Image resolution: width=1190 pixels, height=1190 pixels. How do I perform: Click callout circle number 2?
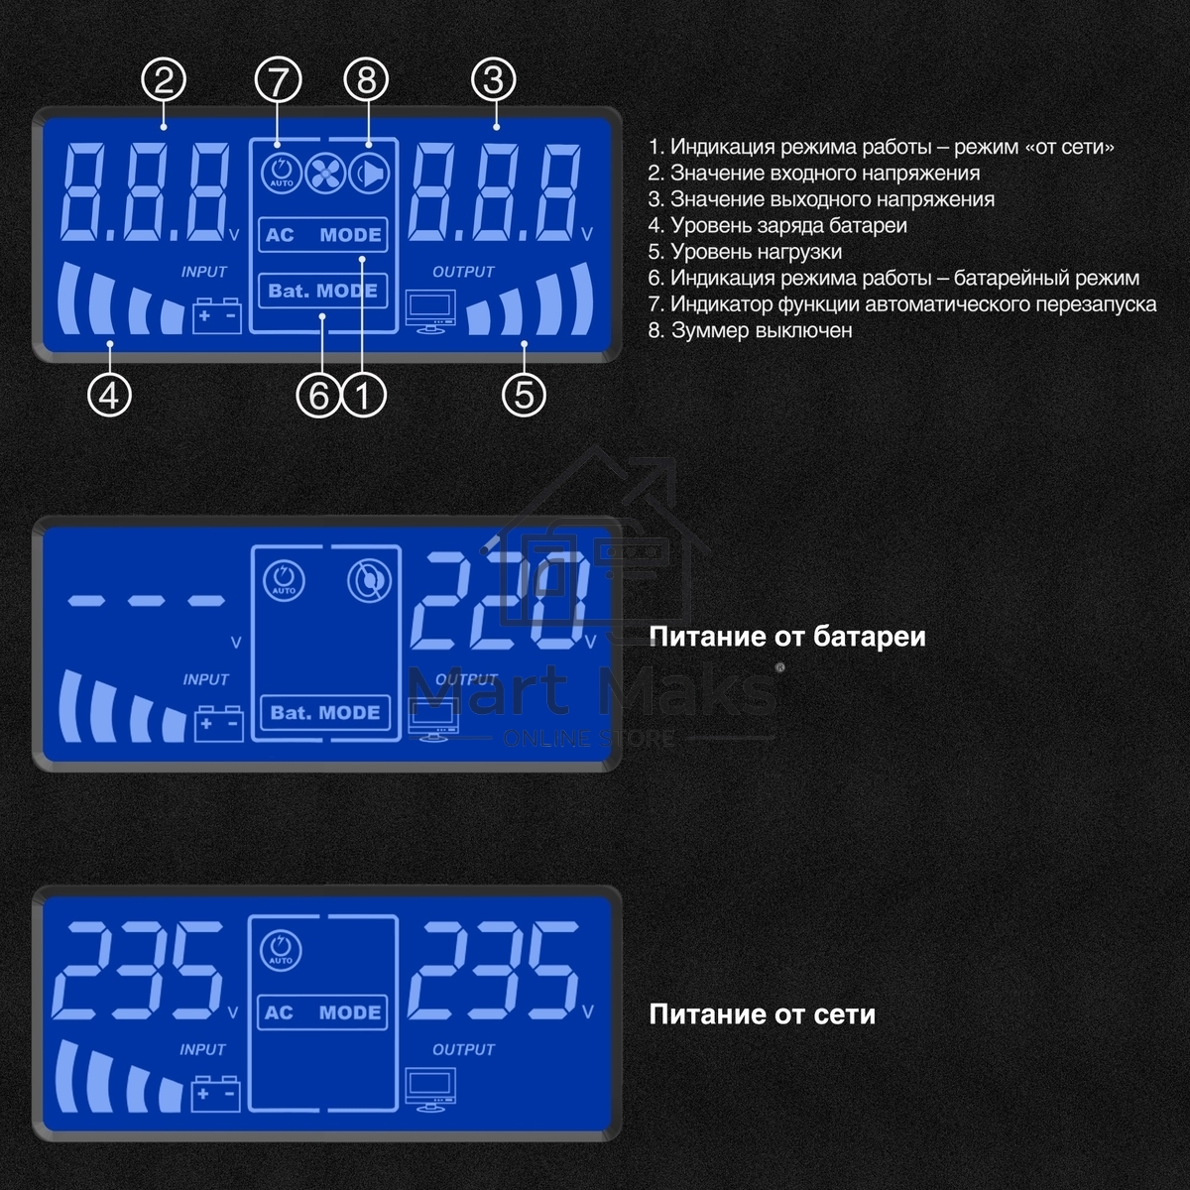click(x=165, y=79)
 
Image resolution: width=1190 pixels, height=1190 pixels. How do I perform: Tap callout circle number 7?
click(x=278, y=79)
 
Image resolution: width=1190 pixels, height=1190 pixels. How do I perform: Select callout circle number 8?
click(x=367, y=79)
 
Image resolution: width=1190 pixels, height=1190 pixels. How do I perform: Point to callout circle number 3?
click(x=494, y=79)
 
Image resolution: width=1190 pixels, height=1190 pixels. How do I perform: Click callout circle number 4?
click(x=109, y=395)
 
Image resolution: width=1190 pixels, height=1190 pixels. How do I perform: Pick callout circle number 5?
click(x=525, y=395)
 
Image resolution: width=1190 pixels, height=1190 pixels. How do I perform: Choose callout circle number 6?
click(x=318, y=396)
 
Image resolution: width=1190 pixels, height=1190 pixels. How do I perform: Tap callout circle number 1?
click(x=363, y=396)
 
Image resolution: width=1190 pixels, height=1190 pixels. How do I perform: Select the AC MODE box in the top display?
click(x=323, y=235)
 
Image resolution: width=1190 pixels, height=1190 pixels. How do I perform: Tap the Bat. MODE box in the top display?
click(x=323, y=291)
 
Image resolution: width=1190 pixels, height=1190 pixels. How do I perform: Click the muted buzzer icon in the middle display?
click(x=368, y=580)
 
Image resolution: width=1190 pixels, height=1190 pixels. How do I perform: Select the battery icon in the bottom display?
click(x=216, y=1093)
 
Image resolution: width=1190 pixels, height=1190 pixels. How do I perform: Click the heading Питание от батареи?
click(x=787, y=637)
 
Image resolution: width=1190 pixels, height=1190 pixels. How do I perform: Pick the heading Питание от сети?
click(x=762, y=1014)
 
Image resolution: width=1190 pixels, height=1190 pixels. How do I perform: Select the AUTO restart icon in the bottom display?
click(x=281, y=949)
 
